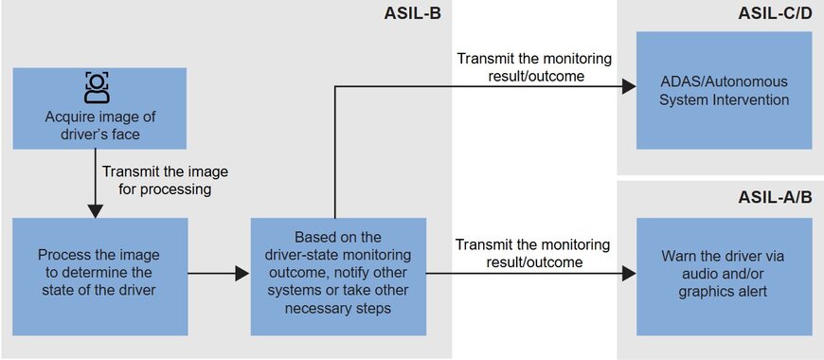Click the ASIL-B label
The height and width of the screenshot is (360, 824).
413,13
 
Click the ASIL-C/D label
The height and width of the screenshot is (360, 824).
775,13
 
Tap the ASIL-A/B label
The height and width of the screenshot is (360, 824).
775,197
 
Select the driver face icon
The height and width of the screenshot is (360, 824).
98,87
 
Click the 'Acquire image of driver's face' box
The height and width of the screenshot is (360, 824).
99,108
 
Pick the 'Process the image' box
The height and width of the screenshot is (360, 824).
99,277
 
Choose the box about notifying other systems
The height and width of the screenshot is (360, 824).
338,277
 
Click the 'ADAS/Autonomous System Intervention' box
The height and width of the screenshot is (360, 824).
725,90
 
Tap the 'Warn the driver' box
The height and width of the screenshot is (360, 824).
725,277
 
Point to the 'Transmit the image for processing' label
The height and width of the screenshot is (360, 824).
165,180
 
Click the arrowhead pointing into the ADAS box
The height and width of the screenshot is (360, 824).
629,87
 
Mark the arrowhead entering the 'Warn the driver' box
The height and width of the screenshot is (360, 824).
629,273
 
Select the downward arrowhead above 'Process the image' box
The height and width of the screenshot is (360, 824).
95,210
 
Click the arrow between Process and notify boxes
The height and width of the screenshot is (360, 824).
219,273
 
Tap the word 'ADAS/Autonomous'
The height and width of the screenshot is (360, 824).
725,82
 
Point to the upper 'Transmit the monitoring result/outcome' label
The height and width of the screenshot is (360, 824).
534,66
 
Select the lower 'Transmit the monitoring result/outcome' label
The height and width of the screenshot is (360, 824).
533,253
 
